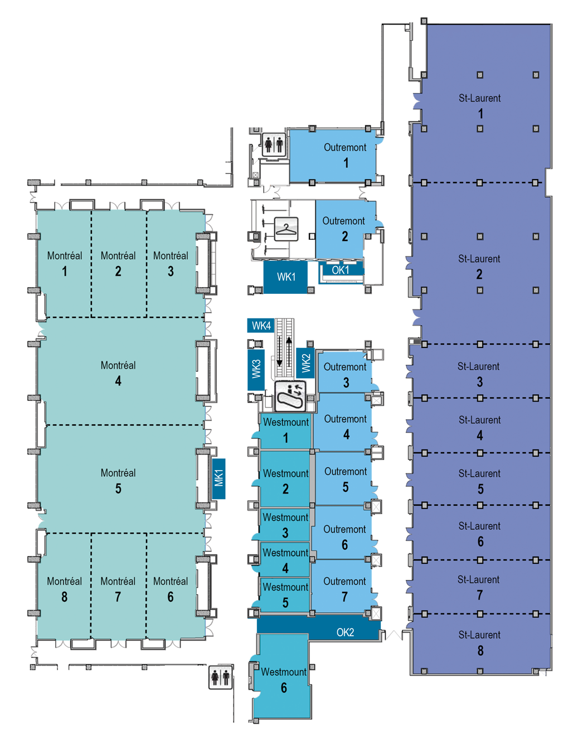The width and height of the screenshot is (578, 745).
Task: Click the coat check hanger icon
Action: pos(286,229)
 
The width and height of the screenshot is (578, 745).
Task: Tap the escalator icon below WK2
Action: pos(290,396)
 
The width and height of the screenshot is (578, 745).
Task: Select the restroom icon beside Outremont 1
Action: pos(274,144)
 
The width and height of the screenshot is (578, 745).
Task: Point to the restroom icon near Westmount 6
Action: pos(221,678)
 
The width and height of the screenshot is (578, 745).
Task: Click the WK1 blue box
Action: pos(285,277)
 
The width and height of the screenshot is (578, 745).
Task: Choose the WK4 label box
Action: pos(261,325)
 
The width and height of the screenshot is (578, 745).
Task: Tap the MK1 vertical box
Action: pos(218,478)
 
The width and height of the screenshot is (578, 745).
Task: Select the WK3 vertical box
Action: pos(256,370)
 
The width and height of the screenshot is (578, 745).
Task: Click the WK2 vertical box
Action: pos(305,363)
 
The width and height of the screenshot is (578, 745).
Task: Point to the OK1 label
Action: pos(340,270)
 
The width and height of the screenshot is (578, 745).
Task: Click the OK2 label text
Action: pos(345,632)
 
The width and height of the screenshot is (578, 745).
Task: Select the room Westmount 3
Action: pos(285,525)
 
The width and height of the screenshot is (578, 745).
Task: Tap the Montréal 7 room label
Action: pos(118,589)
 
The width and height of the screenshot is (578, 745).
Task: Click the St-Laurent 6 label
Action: pos(480,534)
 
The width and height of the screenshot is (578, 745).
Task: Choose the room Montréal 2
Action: pos(119,264)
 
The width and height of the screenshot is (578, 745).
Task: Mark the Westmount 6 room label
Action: pos(284,680)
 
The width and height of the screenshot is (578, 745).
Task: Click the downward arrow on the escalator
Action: pos(280,351)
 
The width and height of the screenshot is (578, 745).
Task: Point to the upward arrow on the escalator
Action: pos(289,351)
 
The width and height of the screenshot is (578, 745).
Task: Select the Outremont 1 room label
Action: pos(345,155)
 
